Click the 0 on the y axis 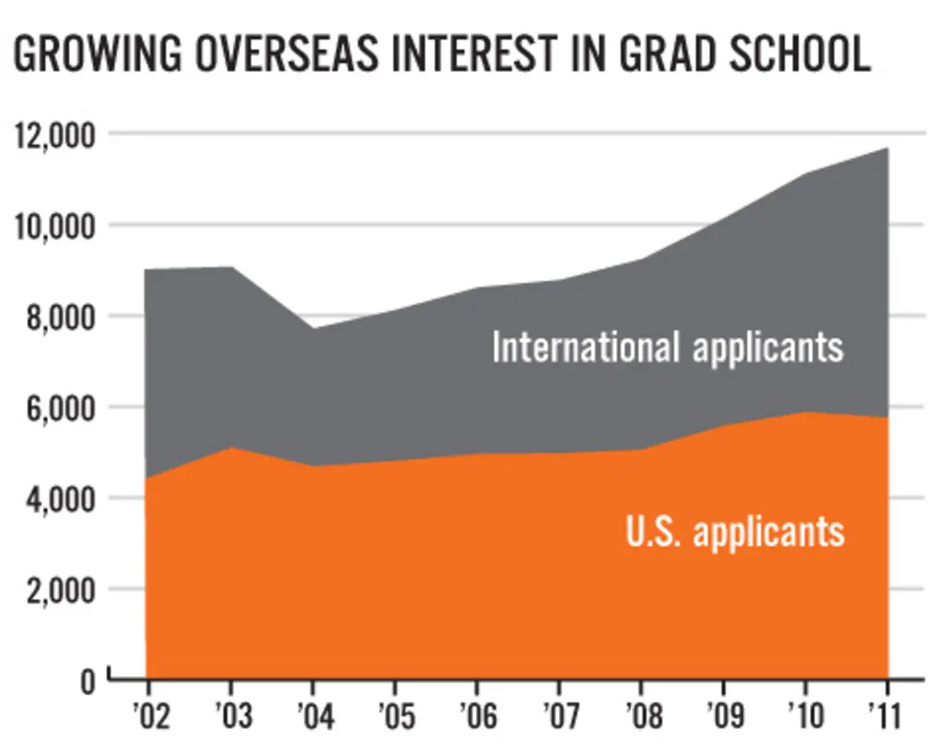click(x=88, y=682)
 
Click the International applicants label click(x=667, y=347)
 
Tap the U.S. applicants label click(x=734, y=531)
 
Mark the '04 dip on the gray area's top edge click(x=313, y=328)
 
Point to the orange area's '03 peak click(x=230, y=448)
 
